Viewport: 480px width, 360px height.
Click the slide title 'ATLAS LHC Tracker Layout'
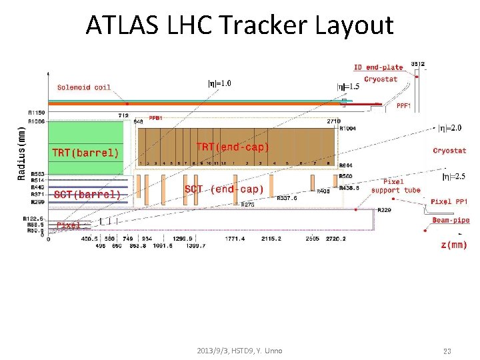239,25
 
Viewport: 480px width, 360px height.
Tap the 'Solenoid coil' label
84,87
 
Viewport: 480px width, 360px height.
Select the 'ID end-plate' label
378,67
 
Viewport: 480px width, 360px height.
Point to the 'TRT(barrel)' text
85,152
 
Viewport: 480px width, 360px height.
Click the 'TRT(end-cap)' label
232,147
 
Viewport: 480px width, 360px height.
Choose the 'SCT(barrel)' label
87,195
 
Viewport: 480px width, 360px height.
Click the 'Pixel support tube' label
395,186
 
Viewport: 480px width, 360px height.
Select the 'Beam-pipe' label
451,220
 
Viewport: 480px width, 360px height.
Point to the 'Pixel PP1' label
449,201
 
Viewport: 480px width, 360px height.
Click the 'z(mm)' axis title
454,245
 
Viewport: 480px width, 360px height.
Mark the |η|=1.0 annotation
220,83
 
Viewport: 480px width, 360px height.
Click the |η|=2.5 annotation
455,177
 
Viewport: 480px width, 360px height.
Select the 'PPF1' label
403,105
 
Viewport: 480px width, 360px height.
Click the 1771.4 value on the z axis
235,239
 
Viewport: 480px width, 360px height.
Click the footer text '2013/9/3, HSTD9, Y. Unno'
239,351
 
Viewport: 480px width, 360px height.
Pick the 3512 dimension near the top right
418,64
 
